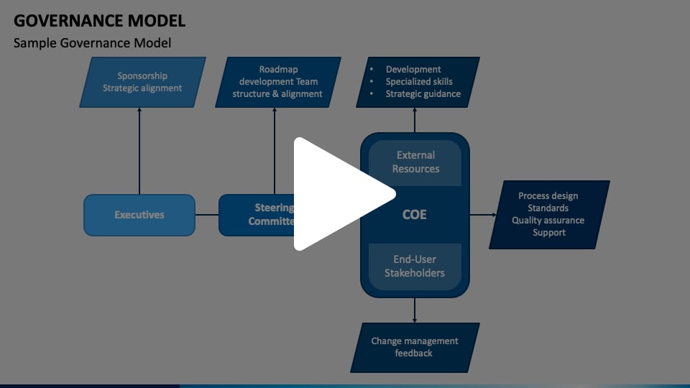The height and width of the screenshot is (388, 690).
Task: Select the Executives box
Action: click(x=139, y=215)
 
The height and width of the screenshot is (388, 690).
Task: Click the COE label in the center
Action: click(x=415, y=214)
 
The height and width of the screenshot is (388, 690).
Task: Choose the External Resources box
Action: click(x=415, y=162)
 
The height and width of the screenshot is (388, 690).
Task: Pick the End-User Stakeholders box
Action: click(x=415, y=267)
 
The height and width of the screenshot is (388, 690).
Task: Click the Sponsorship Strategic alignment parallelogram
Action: click(x=142, y=82)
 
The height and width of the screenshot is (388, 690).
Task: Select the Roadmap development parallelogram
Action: click(x=277, y=82)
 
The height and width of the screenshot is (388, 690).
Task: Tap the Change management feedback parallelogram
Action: click(x=415, y=347)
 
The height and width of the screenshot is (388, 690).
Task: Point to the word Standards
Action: click(x=548, y=208)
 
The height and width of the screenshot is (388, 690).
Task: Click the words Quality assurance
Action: click(x=548, y=221)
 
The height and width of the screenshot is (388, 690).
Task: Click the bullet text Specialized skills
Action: click(x=419, y=82)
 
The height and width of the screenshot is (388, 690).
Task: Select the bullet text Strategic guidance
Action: click(x=423, y=94)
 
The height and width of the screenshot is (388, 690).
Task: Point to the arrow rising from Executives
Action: click(x=139, y=151)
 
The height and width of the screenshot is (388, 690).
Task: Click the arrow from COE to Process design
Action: click(x=483, y=215)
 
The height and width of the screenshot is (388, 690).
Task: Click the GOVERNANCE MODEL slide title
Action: click(x=99, y=20)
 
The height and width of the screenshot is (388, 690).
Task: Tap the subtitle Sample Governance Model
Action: click(x=92, y=43)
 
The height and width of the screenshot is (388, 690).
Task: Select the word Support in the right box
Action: click(x=548, y=233)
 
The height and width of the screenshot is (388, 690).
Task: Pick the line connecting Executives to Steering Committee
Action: click(x=207, y=215)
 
